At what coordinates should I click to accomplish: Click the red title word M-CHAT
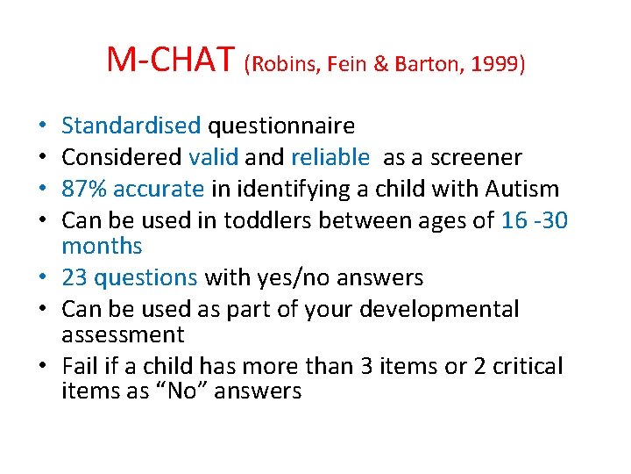click(171, 61)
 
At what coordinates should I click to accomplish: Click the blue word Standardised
click(131, 126)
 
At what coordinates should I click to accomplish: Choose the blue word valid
click(214, 158)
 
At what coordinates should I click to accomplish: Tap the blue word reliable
click(330, 158)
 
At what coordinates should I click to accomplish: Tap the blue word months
click(102, 246)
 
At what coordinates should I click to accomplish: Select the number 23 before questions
click(74, 278)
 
